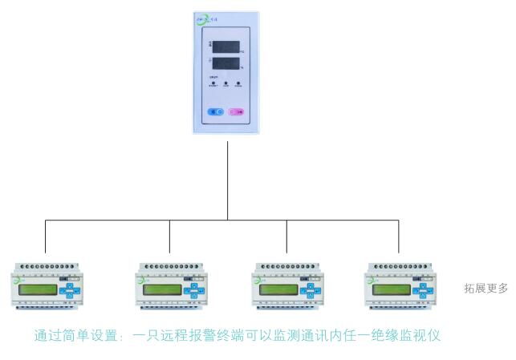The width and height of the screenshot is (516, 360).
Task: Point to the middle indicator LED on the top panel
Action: [x=227, y=83]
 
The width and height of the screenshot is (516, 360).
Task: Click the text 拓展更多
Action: [x=486, y=288]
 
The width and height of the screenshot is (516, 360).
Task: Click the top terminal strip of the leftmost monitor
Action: [x=45, y=266]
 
